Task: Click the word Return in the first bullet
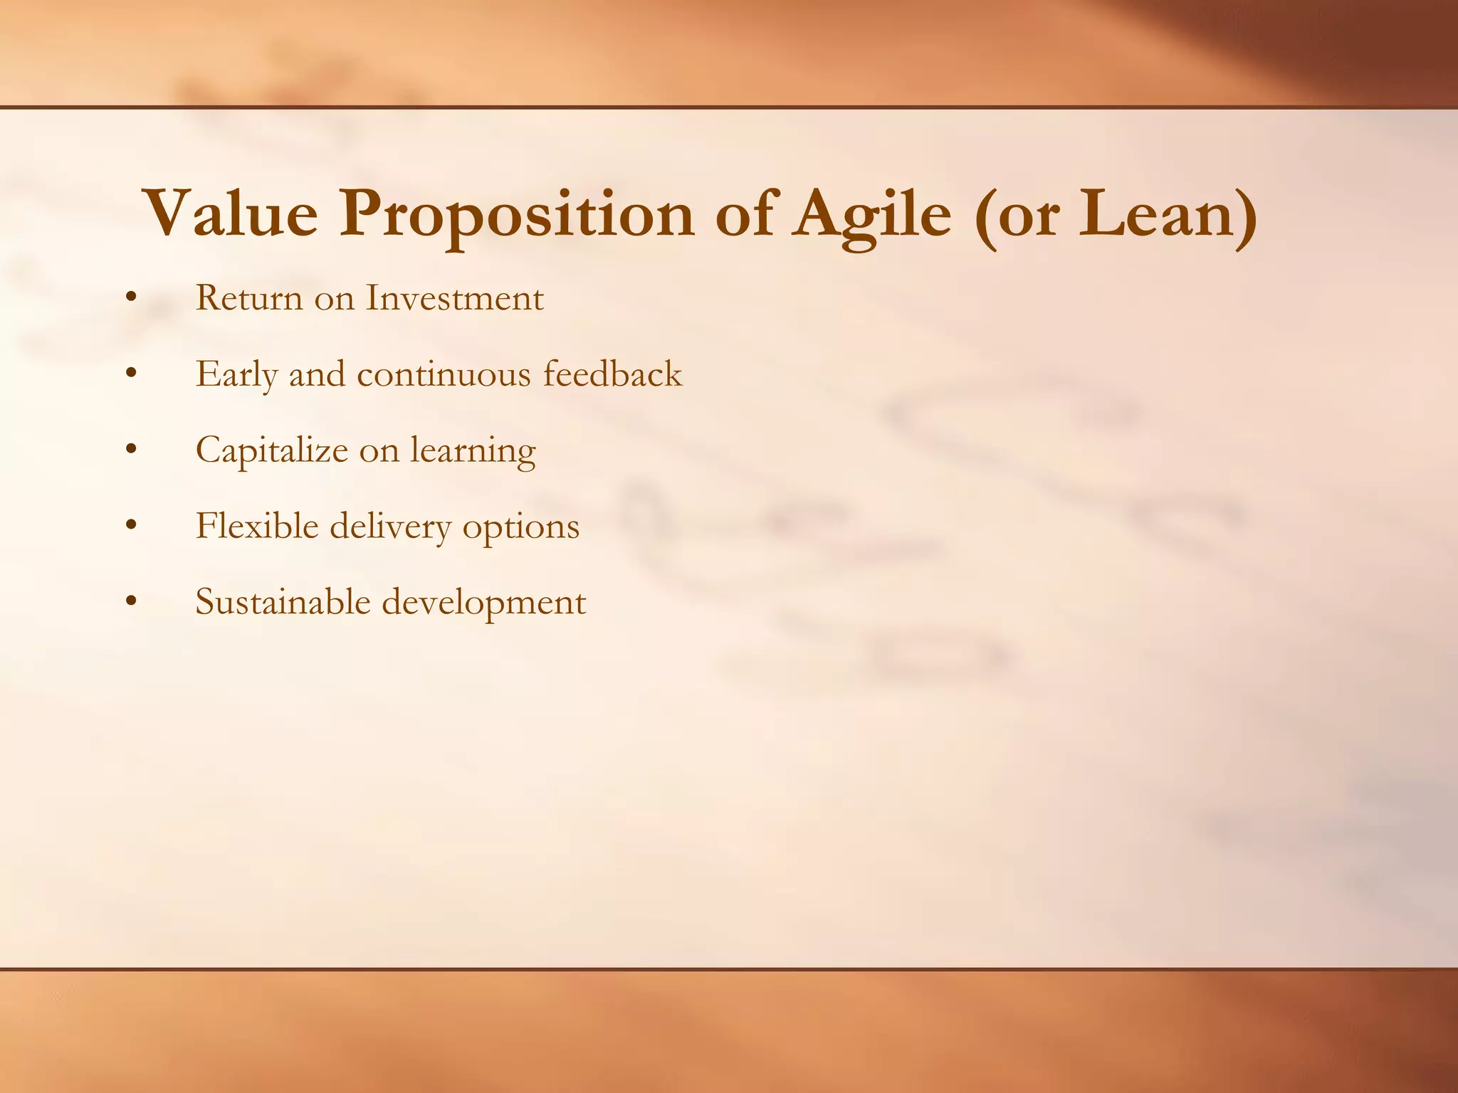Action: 249,298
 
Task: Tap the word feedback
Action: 612,374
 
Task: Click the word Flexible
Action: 256,527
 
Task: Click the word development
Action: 484,603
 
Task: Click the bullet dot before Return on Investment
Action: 130,299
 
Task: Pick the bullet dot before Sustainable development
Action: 130,603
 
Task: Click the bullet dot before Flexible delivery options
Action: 130,527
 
